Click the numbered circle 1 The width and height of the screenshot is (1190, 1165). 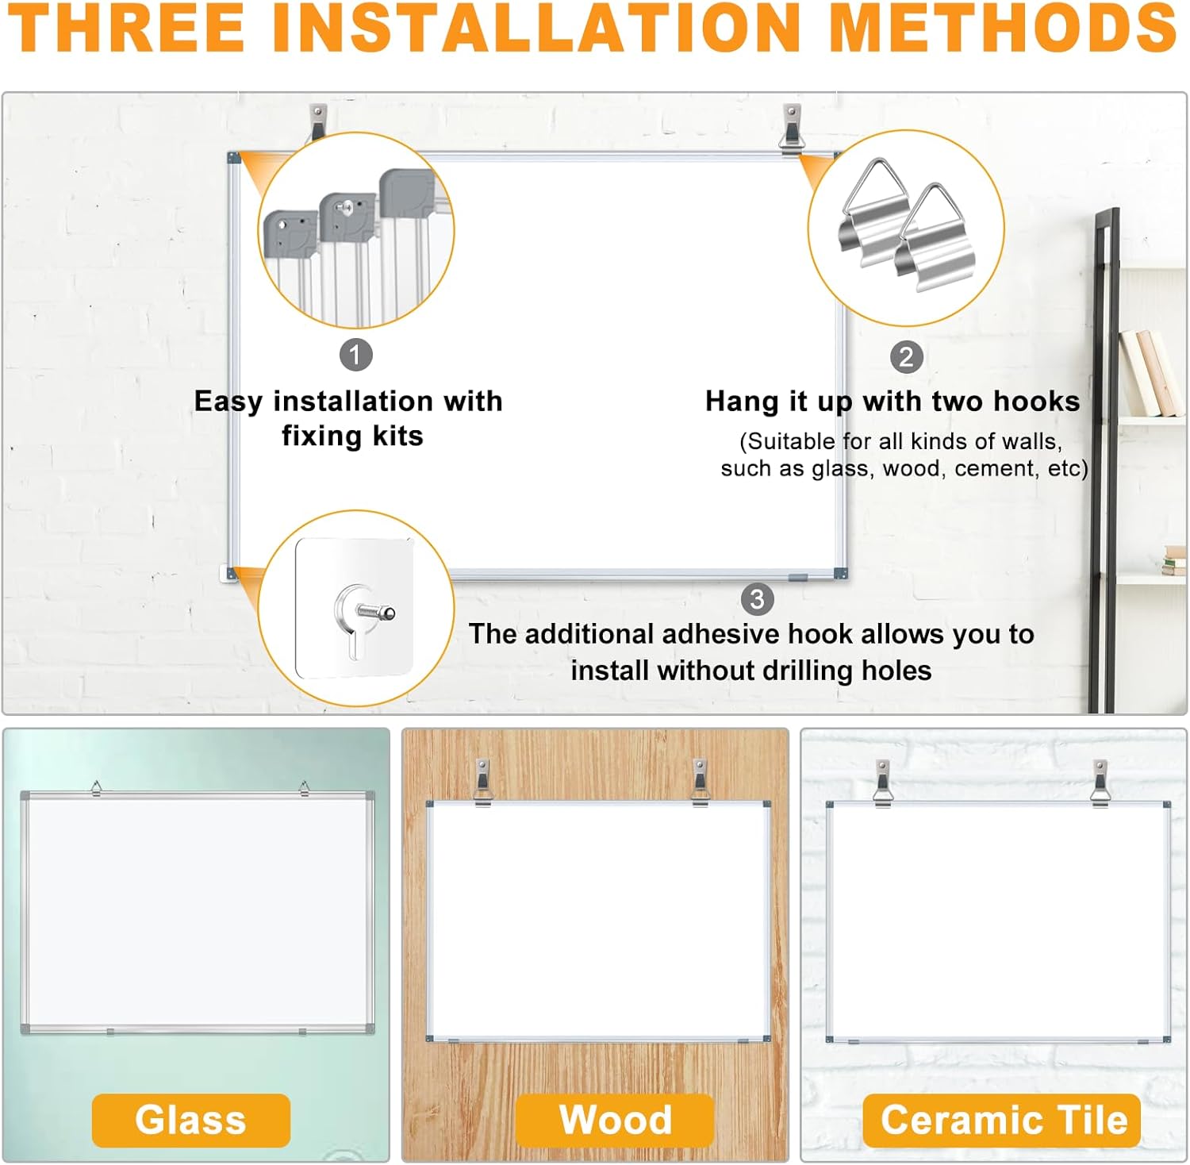[x=355, y=355]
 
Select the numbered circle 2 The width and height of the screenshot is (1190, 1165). [x=906, y=357]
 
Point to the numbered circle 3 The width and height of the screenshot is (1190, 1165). [x=757, y=599]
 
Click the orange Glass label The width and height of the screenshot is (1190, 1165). [x=190, y=1120]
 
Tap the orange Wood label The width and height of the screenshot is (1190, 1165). [x=615, y=1120]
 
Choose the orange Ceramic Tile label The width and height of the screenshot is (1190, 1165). [x=1003, y=1120]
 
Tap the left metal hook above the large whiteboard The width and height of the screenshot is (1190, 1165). [x=318, y=121]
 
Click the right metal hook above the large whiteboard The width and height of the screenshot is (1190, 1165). [x=791, y=127]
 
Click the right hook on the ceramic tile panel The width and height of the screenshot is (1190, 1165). [x=1100, y=782]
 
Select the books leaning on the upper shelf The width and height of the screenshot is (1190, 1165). [x=1149, y=373]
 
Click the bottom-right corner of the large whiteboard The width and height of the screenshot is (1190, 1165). [x=841, y=573]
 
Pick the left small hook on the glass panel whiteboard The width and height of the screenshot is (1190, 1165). [x=96, y=787]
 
